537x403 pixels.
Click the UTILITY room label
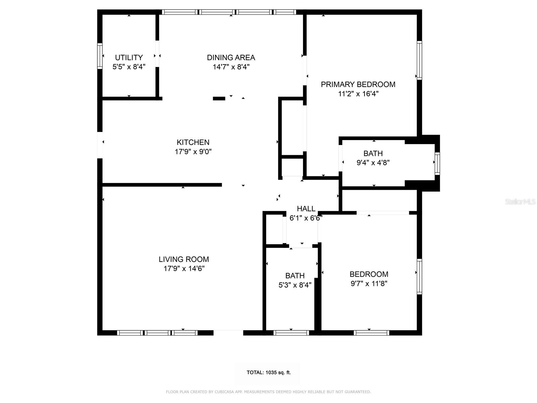[x=129, y=57]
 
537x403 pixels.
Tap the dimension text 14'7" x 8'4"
[x=231, y=67]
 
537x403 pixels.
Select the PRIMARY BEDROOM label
[x=358, y=84]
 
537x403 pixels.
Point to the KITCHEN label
[x=193, y=142]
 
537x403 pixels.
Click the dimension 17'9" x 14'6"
[x=184, y=269]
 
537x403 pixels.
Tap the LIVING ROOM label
[x=184, y=259]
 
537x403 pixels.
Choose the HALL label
[x=306, y=209]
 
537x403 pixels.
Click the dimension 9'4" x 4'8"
[x=373, y=163]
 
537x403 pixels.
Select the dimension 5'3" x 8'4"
[x=295, y=285]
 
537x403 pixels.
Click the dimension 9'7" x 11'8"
[x=369, y=283]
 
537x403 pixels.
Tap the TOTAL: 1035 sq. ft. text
[x=268, y=372]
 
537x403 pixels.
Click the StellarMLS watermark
[x=520, y=202]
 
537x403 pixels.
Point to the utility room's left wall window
[x=100, y=56]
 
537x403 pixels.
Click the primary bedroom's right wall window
[x=419, y=60]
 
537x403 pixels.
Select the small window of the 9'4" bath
[x=437, y=164]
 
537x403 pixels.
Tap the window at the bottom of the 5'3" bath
[x=291, y=333]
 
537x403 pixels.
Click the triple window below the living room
[x=157, y=333]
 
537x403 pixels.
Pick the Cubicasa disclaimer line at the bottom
[x=268, y=392]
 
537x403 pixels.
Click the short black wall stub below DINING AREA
[x=219, y=98]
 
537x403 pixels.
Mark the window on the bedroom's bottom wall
[x=371, y=333]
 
